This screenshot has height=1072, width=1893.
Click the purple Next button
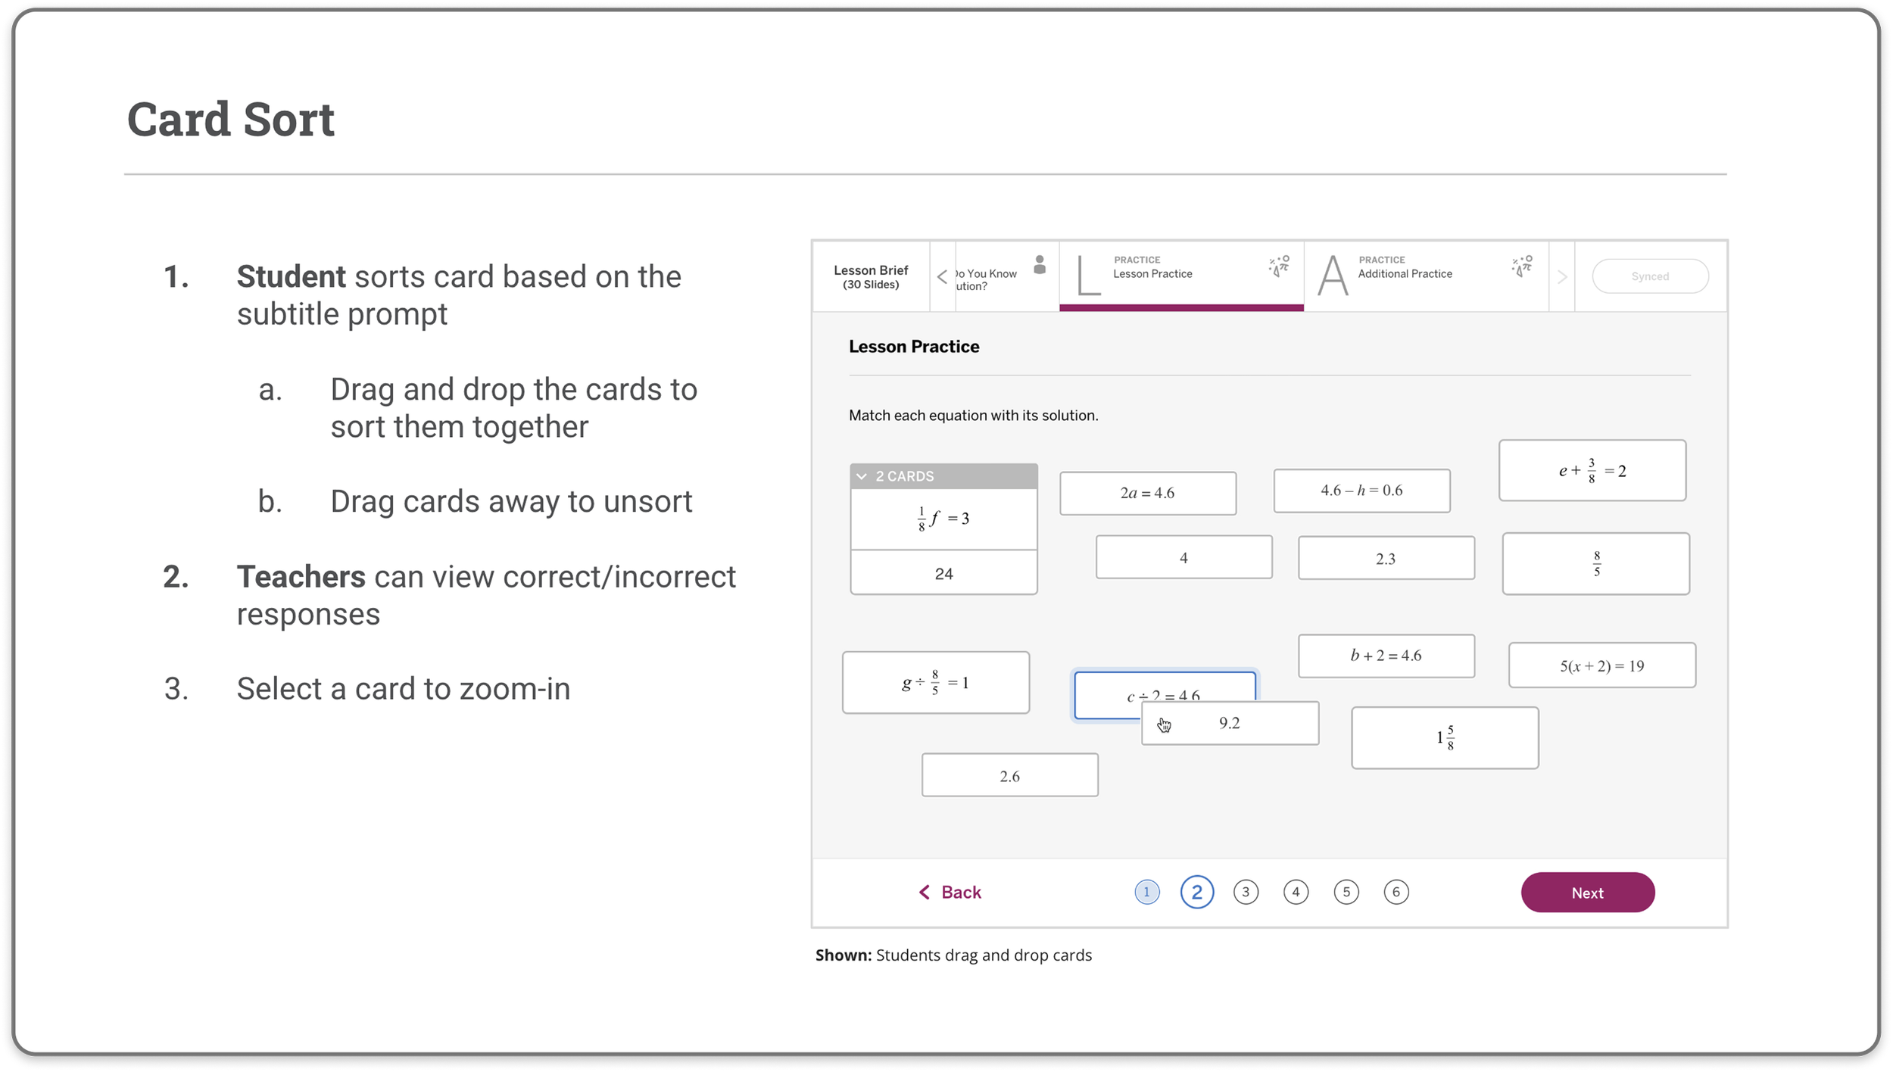[1587, 892]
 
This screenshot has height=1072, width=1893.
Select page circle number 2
[1196, 892]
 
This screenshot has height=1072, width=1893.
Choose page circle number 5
[1346, 892]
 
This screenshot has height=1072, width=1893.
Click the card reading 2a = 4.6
[1147, 493]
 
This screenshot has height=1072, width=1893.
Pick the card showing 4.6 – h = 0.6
[1361, 491]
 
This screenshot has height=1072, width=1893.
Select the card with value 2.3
[1386, 558]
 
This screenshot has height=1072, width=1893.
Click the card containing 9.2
[1230, 723]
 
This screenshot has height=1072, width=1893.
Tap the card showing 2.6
[1009, 775]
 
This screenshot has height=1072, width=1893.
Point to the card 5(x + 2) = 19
[1601, 665]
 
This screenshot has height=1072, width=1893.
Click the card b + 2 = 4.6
[1386, 656]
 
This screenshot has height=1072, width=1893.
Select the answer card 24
[943, 572]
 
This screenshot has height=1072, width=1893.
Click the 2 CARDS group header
[943, 476]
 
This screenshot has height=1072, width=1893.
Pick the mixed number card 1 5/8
[1445, 737]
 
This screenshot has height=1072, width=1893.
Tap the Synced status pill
[1650, 276]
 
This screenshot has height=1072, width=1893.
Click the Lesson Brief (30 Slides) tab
[871, 276]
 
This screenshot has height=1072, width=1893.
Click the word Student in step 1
[291, 276]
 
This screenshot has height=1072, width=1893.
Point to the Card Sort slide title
[231, 119]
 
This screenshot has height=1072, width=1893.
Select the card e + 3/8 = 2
[1592, 470]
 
